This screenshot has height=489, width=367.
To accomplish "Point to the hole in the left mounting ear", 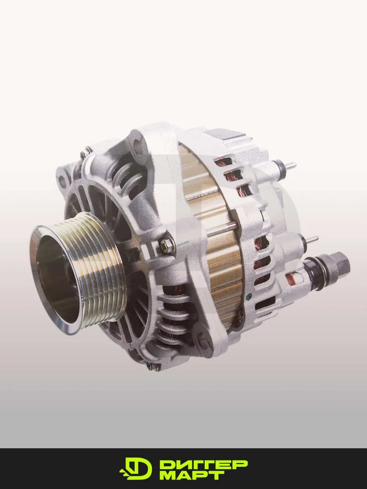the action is click(63, 179).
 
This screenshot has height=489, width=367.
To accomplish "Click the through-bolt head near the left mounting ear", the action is click(85, 152).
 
